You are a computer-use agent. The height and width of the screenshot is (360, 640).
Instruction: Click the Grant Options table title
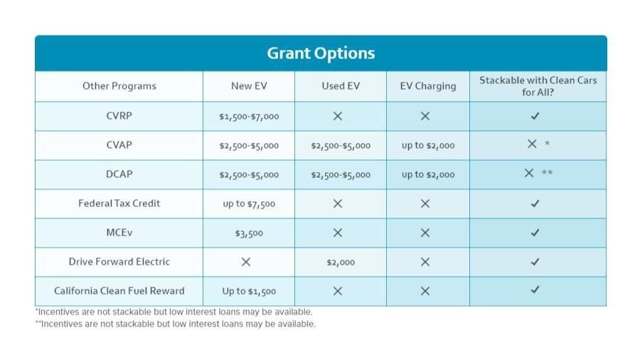pos(321,53)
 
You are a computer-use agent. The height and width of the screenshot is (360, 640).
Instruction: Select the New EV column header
pos(248,86)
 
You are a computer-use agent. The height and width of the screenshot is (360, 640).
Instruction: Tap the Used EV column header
pos(340,86)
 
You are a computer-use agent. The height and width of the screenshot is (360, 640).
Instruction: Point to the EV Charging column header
pos(427,86)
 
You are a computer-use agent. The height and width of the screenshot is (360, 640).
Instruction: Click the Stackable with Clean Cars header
pos(538,86)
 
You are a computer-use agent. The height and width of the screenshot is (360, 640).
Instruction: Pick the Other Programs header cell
pos(119,86)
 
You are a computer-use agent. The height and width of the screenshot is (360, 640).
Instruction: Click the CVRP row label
pos(119,116)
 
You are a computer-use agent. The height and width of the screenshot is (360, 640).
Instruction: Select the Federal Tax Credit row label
pos(119,203)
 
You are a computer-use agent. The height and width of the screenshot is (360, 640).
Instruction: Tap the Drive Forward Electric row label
pos(119,262)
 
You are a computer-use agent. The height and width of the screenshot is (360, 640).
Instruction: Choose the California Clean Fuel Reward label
pos(119,291)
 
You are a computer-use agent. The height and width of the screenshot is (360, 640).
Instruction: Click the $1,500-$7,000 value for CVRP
pos(248,117)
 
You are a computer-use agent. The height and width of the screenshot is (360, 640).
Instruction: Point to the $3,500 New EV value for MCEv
pos(248,233)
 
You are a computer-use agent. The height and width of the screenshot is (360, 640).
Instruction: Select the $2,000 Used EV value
pos(340,263)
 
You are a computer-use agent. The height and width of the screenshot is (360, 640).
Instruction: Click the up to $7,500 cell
pos(248,204)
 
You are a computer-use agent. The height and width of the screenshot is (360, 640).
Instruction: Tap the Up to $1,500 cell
pos(248,292)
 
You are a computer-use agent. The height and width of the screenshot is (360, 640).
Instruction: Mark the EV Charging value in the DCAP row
pos(427,175)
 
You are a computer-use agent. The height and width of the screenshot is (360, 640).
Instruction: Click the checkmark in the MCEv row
pos(535,233)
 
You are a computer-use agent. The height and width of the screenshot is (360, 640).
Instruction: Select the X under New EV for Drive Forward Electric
pos(246,262)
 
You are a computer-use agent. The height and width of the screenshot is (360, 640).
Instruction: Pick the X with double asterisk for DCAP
pos(530,174)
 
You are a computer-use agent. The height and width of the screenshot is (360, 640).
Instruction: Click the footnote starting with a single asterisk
pos(174,312)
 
